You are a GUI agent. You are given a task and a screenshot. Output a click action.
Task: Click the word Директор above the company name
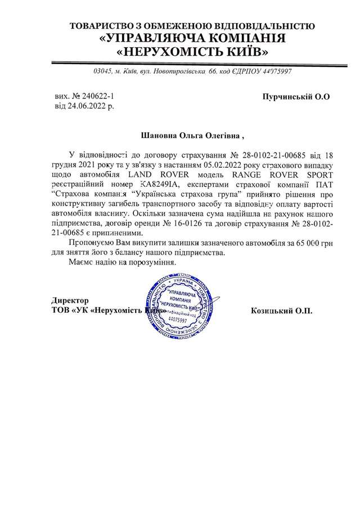[x=70, y=300]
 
